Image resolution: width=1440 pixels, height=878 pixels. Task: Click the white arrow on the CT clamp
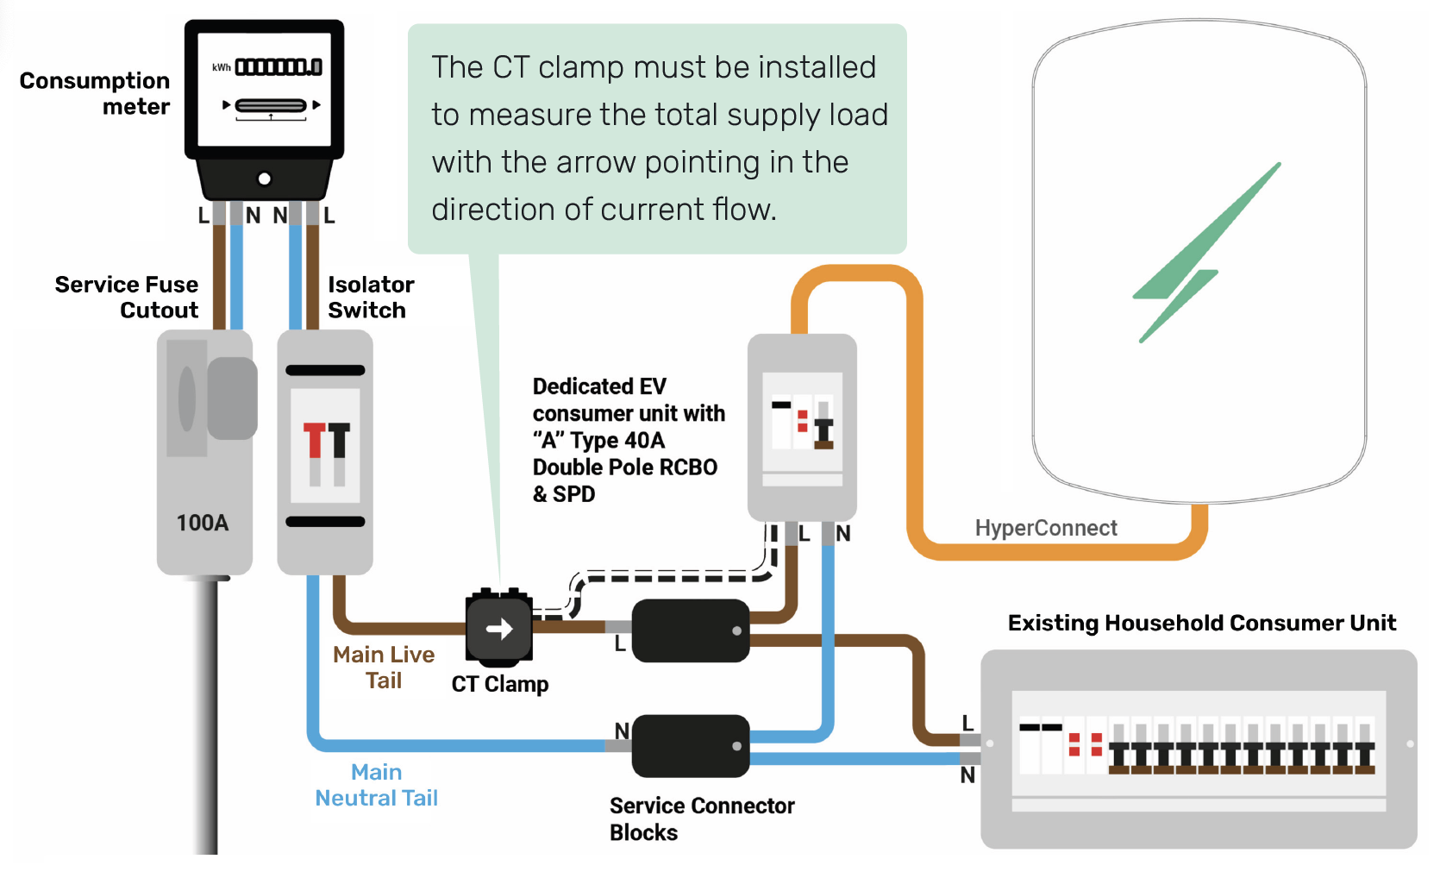click(x=499, y=629)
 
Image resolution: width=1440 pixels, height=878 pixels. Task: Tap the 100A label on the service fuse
click(x=203, y=523)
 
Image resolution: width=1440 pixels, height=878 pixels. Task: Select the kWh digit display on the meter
click(x=279, y=66)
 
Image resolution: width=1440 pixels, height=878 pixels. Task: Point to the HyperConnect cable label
click(x=1045, y=528)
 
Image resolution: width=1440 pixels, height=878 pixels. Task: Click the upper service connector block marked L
click(x=690, y=630)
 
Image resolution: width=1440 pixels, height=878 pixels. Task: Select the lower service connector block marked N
click(x=690, y=745)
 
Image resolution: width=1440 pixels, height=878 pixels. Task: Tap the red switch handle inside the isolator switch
click(x=314, y=440)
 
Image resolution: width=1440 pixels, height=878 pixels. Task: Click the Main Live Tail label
click(x=384, y=667)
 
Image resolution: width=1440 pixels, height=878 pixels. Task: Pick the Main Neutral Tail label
click(x=377, y=785)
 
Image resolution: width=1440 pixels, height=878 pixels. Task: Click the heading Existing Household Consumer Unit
click(x=1201, y=623)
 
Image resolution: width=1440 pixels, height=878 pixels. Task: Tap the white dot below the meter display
click(x=265, y=179)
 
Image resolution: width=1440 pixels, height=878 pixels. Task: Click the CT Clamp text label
click(x=500, y=684)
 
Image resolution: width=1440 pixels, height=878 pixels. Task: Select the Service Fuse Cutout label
click(x=127, y=297)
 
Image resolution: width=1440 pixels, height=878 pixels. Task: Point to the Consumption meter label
click(x=95, y=93)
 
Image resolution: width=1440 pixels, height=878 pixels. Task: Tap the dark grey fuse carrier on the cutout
click(x=232, y=398)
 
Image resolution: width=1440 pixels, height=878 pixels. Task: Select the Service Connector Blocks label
click(x=701, y=818)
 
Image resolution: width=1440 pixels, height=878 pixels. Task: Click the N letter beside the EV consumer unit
click(x=843, y=534)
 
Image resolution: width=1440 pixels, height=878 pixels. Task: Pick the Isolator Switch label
click(x=371, y=297)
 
